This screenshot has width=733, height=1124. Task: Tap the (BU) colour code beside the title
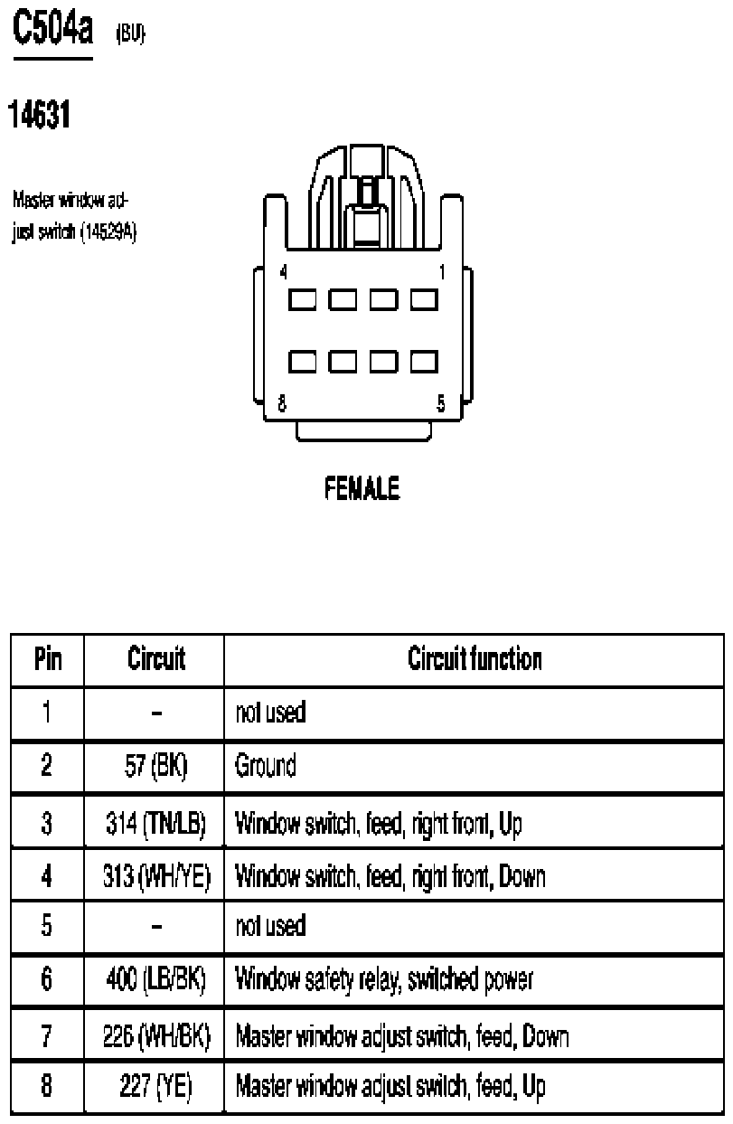(x=130, y=33)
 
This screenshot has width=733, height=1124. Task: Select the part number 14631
(x=39, y=114)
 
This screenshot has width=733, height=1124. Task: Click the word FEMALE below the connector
(x=362, y=488)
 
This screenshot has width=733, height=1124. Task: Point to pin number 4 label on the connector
(x=284, y=272)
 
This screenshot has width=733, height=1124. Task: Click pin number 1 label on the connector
(x=442, y=272)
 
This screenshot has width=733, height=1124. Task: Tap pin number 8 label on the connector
(x=282, y=403)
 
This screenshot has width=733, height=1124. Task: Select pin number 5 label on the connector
(x=440, y=403)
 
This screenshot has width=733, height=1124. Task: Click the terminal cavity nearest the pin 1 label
(x=424, y=299)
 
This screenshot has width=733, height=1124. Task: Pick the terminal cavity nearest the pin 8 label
(x=302, y=362)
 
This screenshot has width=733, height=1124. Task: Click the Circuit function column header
(x=475, y=658)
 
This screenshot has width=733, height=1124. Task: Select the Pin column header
(x=48, y=658)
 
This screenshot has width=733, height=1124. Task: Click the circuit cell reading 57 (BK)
(x=155, y=766)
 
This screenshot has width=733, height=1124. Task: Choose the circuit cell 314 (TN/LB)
(x=155, y=823)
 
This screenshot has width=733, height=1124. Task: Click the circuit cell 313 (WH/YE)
(x=156, y=876)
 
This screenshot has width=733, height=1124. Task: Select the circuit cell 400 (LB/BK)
(x=155, y=979)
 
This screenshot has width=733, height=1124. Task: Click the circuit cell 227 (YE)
(x=155, y=1087)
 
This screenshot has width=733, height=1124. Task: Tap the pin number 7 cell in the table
(x=47, y=1034)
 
